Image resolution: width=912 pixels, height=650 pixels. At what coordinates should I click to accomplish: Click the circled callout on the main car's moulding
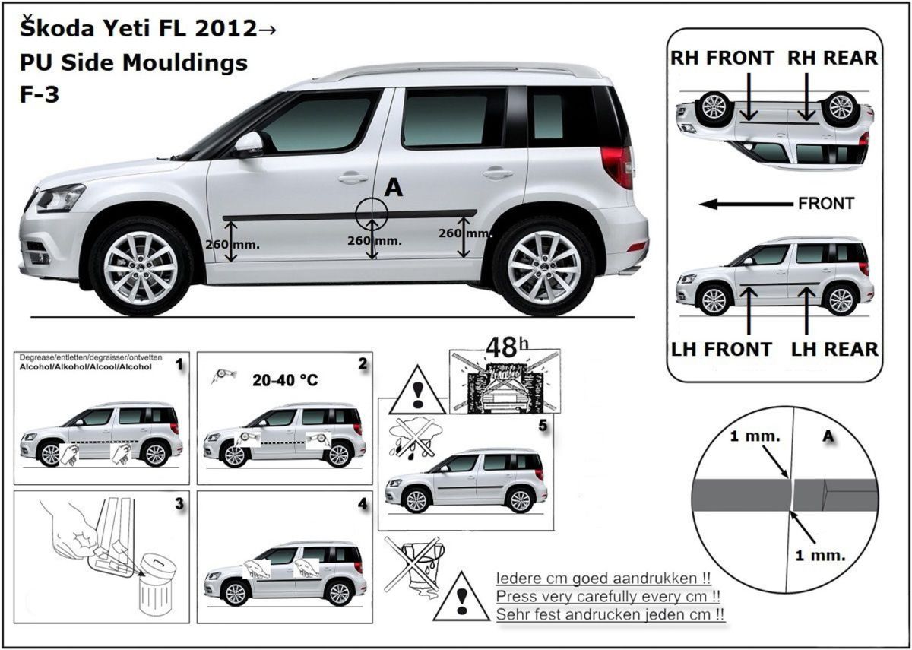(x=371, y=213)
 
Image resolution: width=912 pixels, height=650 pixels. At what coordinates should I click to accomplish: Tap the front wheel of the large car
(x=141, y=266)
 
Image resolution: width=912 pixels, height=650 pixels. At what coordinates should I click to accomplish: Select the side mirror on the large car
(x=249, y=144)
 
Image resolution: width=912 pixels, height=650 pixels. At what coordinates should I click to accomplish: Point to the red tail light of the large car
(x=617, y=166)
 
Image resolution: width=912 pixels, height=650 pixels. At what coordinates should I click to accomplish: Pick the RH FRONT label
(x=722, y=58)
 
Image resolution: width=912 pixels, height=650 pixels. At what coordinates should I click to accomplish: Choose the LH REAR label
(x=834, y=349)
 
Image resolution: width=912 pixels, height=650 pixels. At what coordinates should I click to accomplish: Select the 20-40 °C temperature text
(x=284, y=379)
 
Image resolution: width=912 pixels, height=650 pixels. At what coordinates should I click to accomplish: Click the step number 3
(x=179, y=503)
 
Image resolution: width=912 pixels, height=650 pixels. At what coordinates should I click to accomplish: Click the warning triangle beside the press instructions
(x=460, y=597)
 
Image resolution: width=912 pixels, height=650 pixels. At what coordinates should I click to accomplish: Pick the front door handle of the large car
(x=353, y=179)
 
